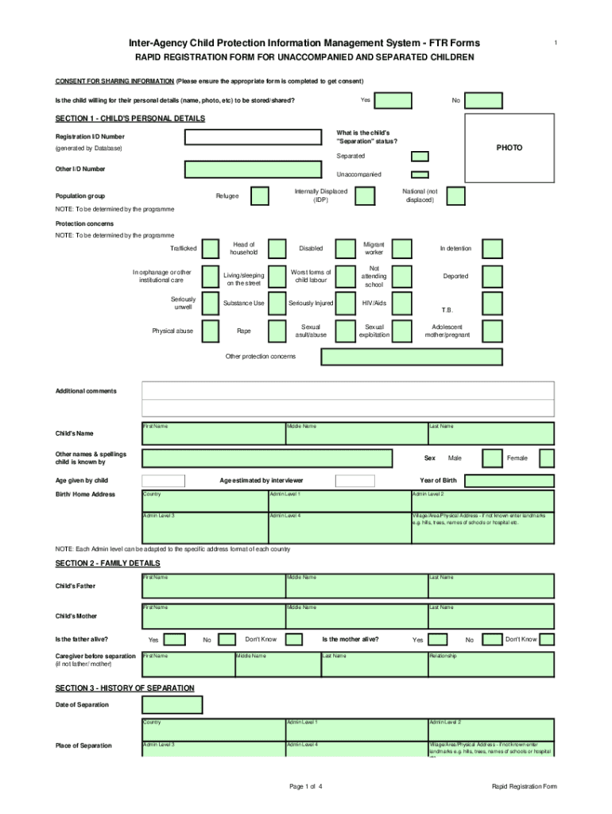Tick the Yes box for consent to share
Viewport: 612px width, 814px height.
point(393,100)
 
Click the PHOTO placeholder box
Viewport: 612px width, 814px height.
point(509,149)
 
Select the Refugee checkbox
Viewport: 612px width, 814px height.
point(260,196)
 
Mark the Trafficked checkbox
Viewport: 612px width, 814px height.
point(211,249)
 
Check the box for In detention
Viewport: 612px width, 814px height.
point(493,249)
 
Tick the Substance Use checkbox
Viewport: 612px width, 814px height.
point(277,303)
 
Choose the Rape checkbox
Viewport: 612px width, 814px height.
point(277,331)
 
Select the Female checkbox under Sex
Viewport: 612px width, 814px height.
point(546,458)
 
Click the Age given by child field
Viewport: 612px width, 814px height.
point(163,480)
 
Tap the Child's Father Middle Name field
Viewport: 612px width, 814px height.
point(355,585)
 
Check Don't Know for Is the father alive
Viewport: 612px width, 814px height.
point(293,639)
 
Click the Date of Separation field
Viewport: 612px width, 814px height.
point(172,704)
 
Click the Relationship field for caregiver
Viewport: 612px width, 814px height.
point(490,661)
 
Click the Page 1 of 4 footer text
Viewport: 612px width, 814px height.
point(306,787)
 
